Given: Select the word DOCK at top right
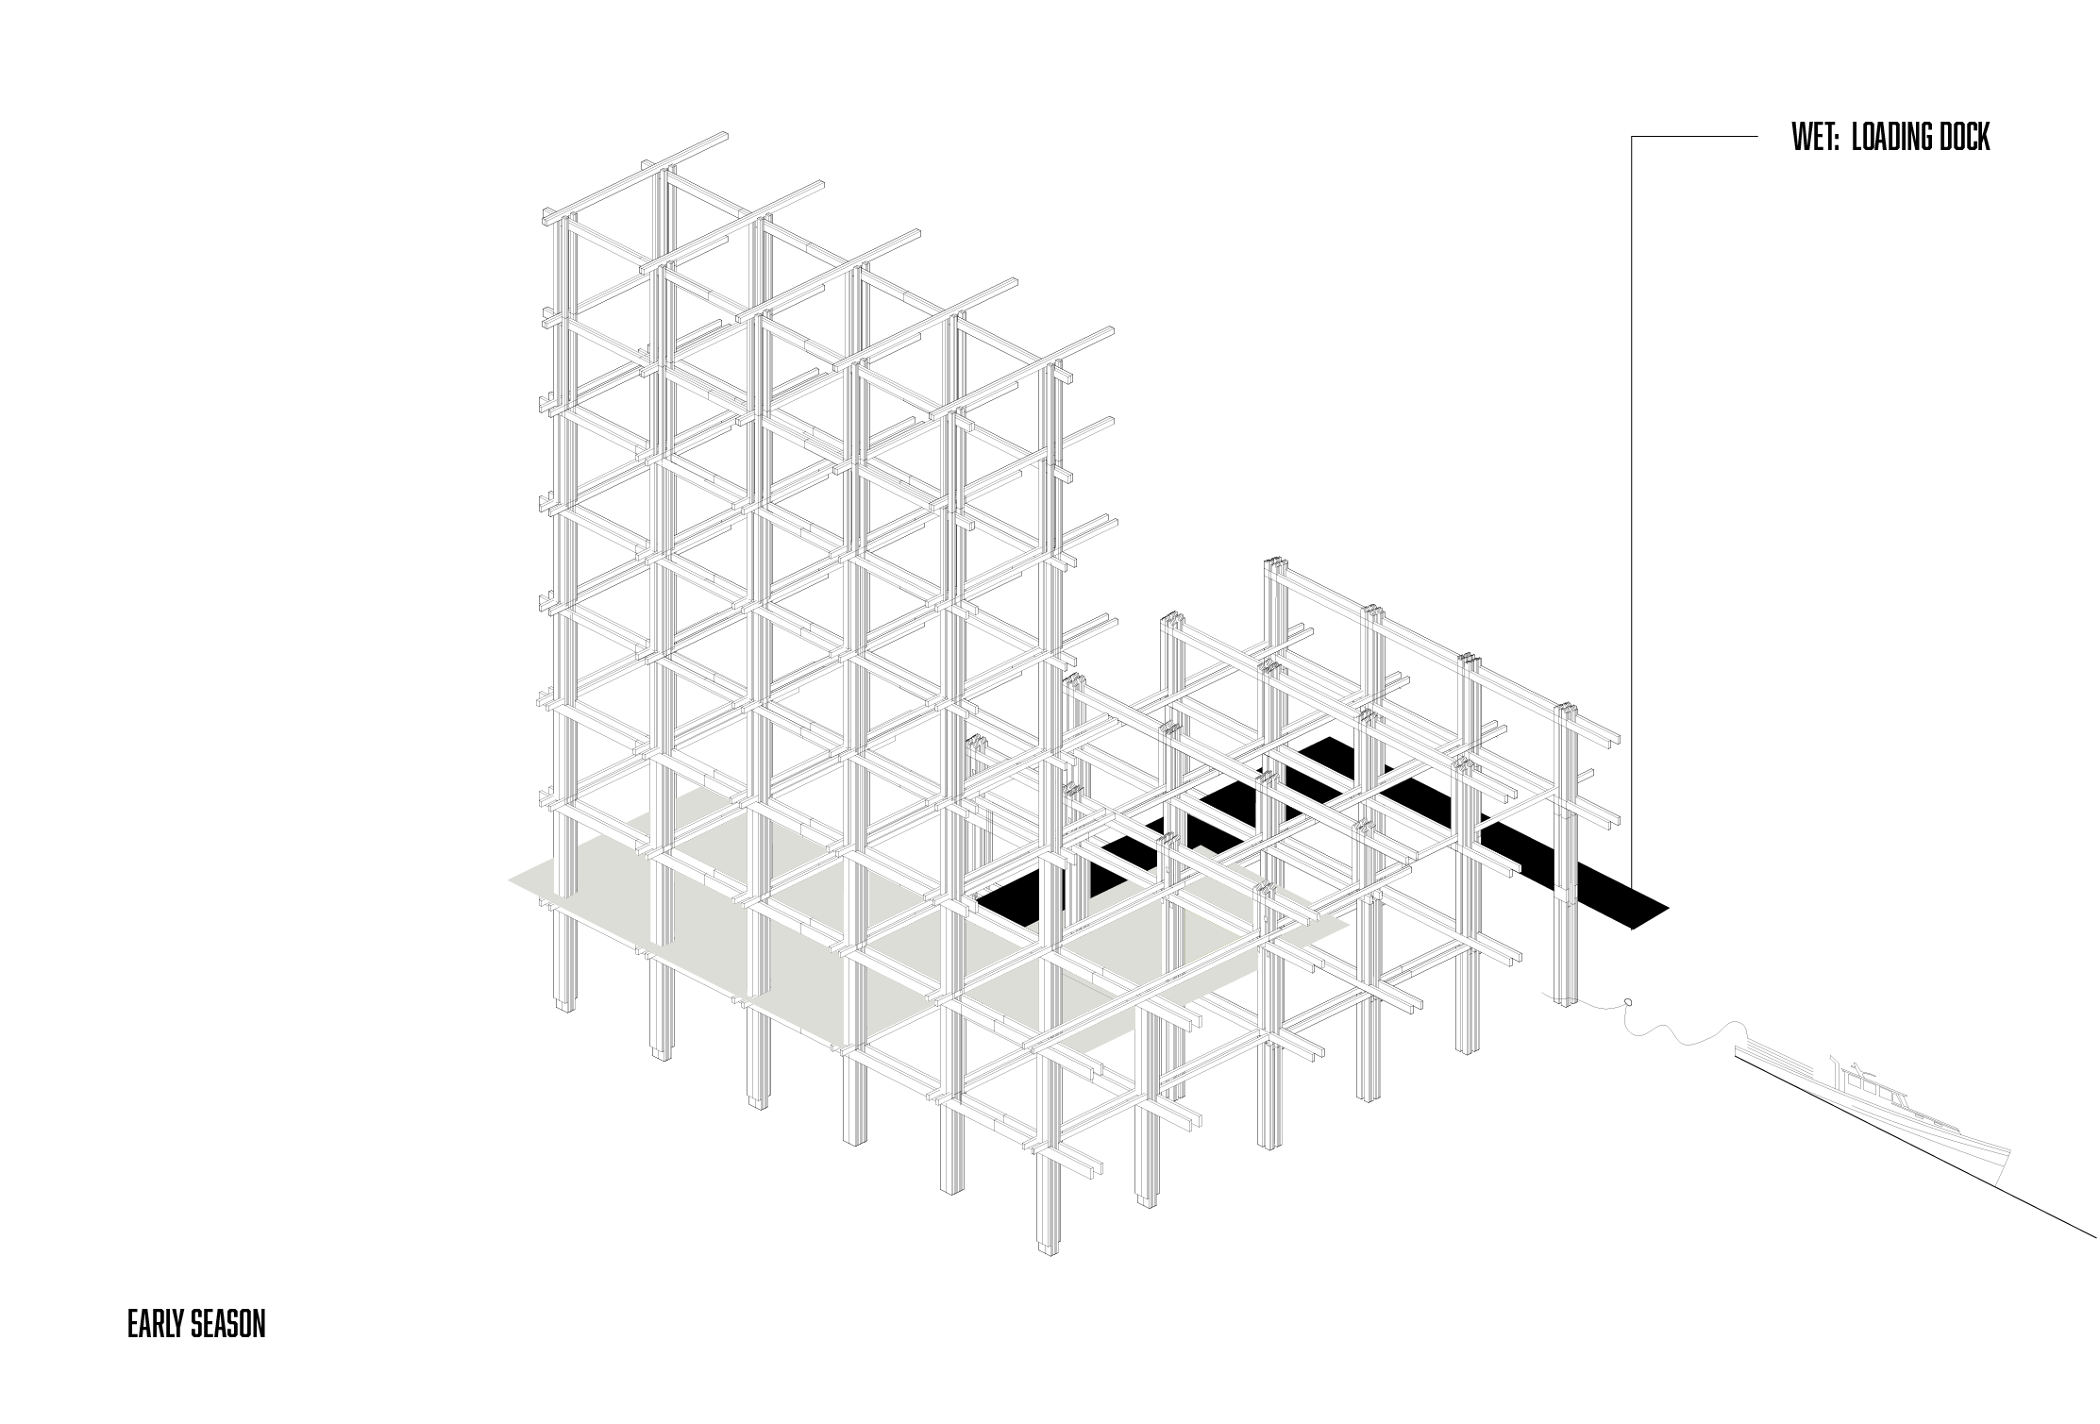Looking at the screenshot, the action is pyautogui.click(x=1963, y=138).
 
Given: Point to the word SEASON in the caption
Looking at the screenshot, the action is pyautogui.click(x=227, y=1324).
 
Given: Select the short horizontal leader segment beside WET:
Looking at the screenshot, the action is pyautogui.click(x=1694, y=137).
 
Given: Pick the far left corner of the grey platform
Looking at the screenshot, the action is pyautogui.click(x=510, y=880).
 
